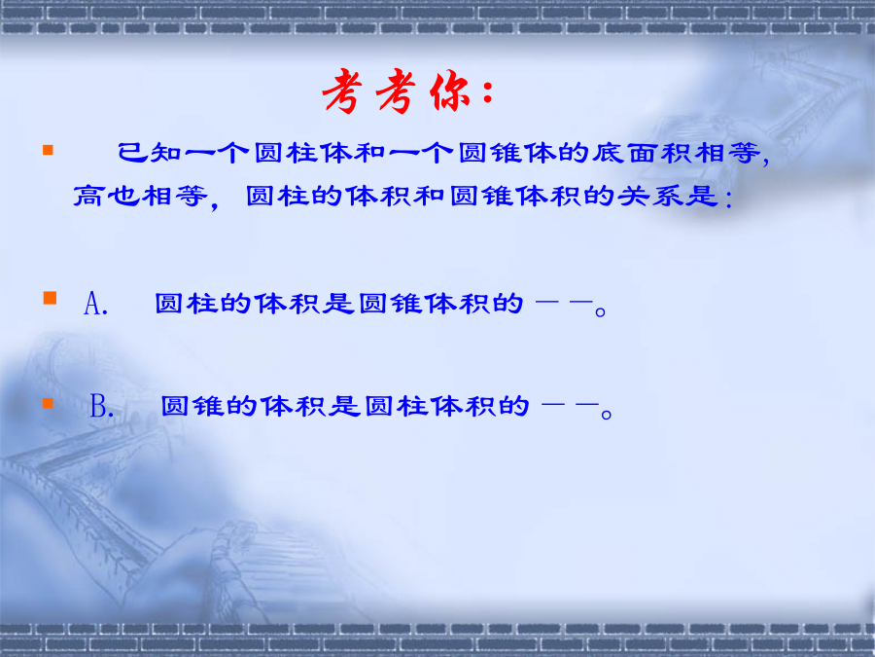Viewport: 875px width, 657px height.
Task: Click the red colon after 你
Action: pyautogui.click(x=488, y=92)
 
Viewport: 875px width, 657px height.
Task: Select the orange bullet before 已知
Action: pyautogui.click(x=48, y=150)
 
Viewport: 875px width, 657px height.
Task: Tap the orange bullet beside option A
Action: pyautogui.click(x=50, y=298)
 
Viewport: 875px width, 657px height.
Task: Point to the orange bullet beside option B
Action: pyautogui.click(x=48, y=403)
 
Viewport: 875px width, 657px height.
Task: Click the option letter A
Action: pyautogui.click(x=92, y=304)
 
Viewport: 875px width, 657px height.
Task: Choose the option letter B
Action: pyautogui.click(x=99, y=406)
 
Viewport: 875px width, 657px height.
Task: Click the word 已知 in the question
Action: pyautogui.click(x=150, y=153)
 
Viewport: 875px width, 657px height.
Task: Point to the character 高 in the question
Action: pyautogui.click(x=88, y=196)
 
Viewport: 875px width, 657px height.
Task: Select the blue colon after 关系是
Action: pyautogui.click(x=729, y=200)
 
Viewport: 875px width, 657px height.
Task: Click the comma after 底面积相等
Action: pyautogui.click(x=765, y=161)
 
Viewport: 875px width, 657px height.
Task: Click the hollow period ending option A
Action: pyautogui.click(x=601, y=311)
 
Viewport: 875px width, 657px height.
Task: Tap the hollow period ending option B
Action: pyautogui.click(x=607, y=415)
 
